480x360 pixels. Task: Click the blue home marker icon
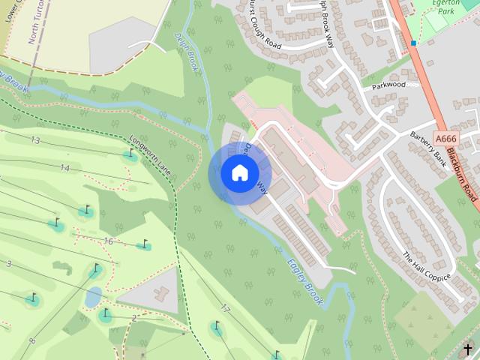239,173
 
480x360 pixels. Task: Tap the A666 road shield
445,139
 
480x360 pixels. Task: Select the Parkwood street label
388,85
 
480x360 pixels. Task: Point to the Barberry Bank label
428,144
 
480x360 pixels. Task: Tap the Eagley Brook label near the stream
304,280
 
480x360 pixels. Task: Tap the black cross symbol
468,349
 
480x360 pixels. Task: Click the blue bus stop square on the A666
413,43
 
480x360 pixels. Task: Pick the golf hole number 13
35,140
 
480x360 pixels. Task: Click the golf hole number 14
64,168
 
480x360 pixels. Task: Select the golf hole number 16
108,241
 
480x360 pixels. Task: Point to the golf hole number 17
225,308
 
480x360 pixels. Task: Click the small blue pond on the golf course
93,298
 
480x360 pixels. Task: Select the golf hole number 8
32,342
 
